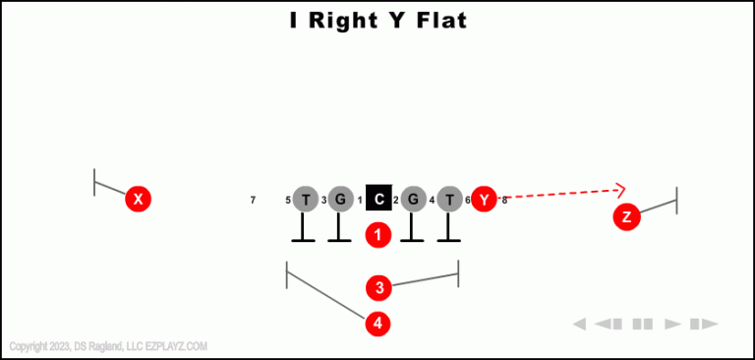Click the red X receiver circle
coord(139,200)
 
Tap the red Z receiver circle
coord(626,217)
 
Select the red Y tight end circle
coord(484,200)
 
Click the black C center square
coord(378,200)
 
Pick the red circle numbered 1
coord(378,235)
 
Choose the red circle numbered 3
coord(379,288)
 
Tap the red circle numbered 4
coord(378,323)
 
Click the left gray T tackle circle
coord(306,200)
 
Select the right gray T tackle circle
coord(449,200)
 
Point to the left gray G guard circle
coord(340,200)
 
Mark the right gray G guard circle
coord(413,200)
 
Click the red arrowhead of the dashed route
coord(619,190)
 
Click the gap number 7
coord(253,201)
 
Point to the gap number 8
coord(504,201)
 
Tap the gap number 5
coord(288,201)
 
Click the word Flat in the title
coord(436,20)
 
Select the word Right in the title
coord(342,20)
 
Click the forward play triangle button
coord(673,324)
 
